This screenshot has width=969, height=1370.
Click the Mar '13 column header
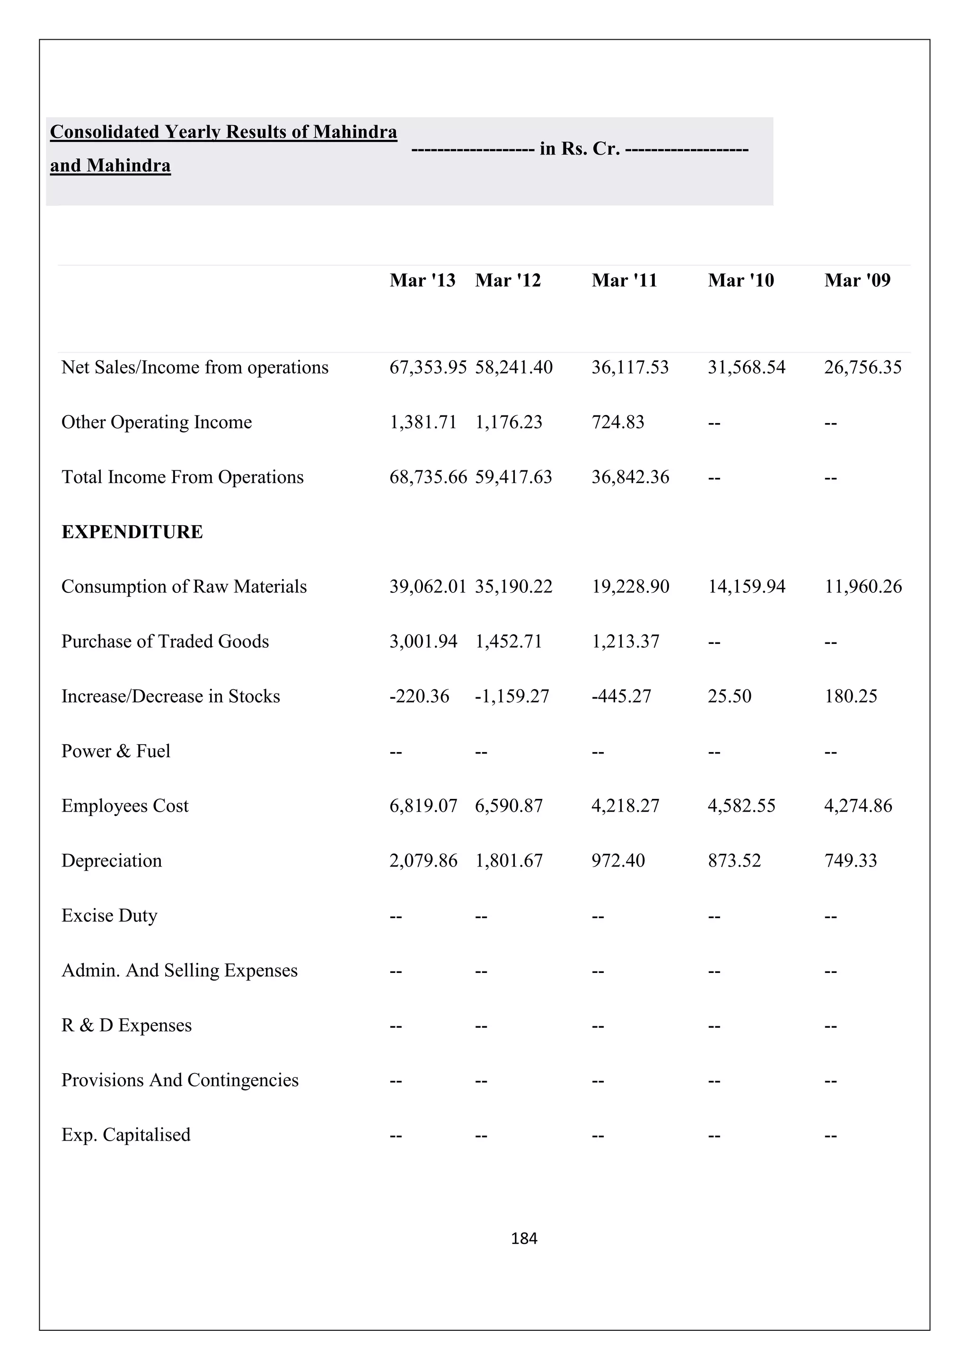click(x=422, y=280)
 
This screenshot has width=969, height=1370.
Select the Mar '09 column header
click(x=857, y=280)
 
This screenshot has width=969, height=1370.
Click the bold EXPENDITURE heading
click(x=132, y=532)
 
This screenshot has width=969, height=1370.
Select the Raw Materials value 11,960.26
click(x=863, y=587)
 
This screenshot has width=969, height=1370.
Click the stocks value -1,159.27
click(x=511, y=696)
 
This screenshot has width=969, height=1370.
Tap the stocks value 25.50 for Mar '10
click(x=729, y=696)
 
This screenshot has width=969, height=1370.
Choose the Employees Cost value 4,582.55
click(x=741, y=806)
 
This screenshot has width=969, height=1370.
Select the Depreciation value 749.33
click(x=850, y=861)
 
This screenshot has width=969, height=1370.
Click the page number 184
click(x=524, y=1239)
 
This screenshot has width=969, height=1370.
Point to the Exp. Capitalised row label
click(x=126, y=1135)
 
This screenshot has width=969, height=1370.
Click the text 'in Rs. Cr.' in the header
click(x=579, y=148)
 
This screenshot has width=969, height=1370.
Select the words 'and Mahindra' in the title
click(x=110, y=165)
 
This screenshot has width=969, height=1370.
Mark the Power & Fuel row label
click(x=116, y=751)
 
